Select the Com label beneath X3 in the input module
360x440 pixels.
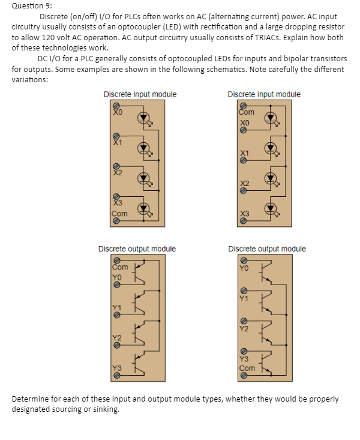point(119,214)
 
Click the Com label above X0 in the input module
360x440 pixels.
point(247,112)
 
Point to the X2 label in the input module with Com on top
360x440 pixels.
point(244,182)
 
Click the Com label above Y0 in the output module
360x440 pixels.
point(120,267)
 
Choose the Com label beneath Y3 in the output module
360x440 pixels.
point(247,368)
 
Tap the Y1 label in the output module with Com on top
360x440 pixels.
point(117,308)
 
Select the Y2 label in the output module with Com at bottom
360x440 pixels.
point(244,328)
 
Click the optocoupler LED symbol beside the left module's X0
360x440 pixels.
point(145,118)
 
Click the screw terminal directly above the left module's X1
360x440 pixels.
point(117,136)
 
